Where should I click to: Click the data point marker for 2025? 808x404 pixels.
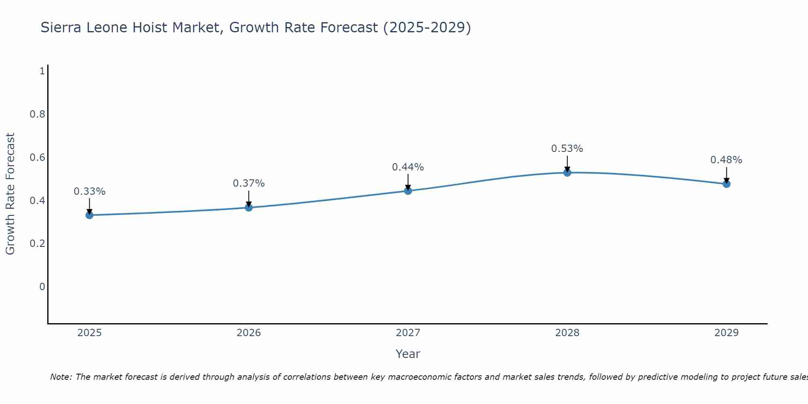click(x=90, y=215)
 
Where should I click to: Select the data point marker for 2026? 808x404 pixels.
click(x=249, y=207)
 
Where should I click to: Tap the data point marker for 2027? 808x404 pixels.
click(x=408, y=191)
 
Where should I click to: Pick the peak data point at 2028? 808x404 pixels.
click(x=567, y=173)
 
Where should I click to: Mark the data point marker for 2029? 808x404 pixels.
click(x=726, y=184)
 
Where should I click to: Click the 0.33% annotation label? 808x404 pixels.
click(x=90, y=191)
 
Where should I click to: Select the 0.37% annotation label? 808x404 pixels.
click(x=249, y=183)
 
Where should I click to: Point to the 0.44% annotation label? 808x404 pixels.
click(x=408, y=167)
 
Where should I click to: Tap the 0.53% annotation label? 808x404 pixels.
click(x=567, y=149)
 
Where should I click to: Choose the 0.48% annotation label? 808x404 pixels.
click(x=726, y=160)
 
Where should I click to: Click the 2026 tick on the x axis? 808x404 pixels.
click(x=249, y=333)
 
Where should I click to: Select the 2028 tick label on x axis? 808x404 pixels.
click(x=567, y=333)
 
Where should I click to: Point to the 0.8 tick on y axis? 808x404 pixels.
click(x=37, y=114)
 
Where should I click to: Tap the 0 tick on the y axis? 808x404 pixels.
click(x=42, y=287)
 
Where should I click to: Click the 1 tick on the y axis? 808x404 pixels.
click(x=42, y=71)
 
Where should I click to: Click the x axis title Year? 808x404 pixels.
click(x=408, y=354)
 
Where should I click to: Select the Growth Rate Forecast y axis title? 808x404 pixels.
click(x=10, y=194)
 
